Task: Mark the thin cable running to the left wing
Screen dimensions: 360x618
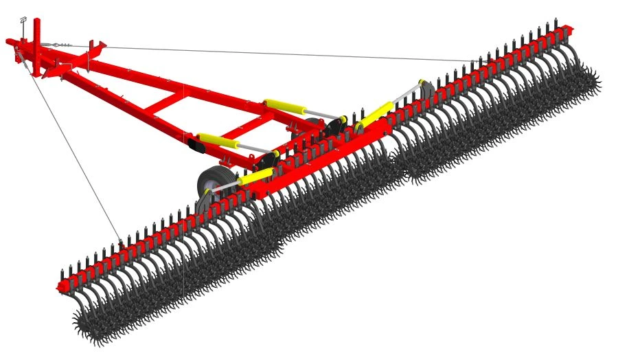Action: (76, 151)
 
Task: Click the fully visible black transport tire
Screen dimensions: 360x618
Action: (210, 182)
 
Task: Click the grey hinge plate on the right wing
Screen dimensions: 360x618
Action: (423, 90)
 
